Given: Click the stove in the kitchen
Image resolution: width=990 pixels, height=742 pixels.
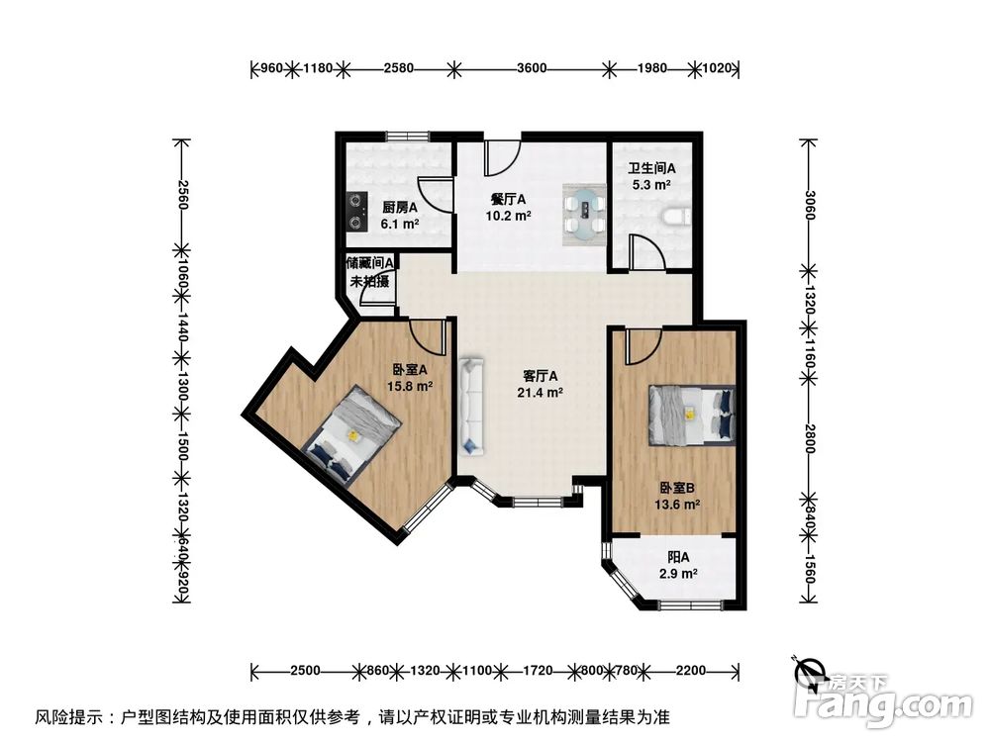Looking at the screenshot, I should (353, 207).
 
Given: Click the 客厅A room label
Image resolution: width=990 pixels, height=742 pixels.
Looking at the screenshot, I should (541, 376).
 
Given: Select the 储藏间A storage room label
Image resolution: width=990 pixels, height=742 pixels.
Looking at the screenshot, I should (370, 264).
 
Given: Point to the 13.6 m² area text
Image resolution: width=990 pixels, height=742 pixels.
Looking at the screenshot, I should (678, 505).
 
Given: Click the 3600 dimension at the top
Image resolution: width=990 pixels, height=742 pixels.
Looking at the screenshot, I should (532, 68).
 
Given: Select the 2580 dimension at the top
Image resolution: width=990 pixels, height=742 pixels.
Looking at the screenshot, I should (398, 68).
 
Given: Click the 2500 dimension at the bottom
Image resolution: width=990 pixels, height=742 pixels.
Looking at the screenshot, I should (305, 671).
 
